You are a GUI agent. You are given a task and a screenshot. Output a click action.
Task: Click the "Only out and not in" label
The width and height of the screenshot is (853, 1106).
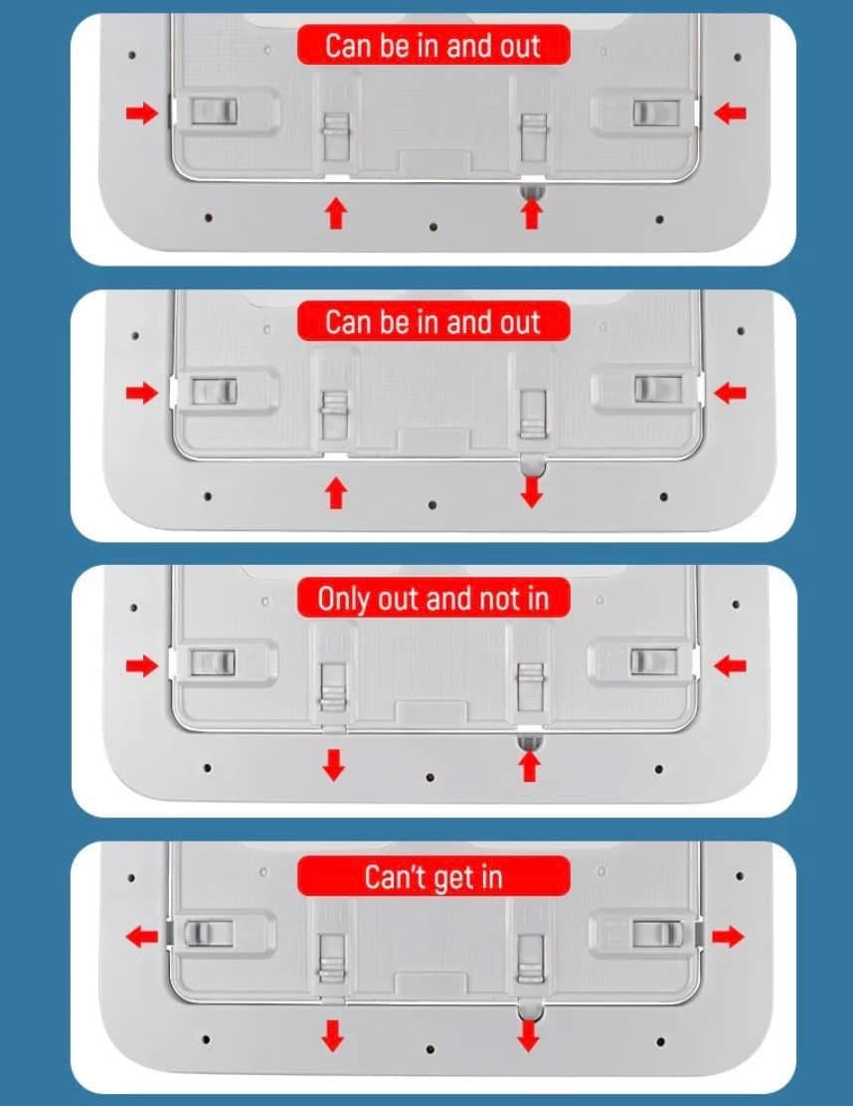(432, 598)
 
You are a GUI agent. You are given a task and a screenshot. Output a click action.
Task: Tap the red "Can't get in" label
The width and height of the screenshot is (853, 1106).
(432, 876)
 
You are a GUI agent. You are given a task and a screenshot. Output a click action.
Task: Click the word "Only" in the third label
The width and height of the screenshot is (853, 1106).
(343, 600)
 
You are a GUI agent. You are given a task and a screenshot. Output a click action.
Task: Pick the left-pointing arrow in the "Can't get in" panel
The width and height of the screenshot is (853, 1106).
(142, 937)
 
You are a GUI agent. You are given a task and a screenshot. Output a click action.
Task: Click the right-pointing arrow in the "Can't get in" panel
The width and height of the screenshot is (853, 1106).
(728, 937)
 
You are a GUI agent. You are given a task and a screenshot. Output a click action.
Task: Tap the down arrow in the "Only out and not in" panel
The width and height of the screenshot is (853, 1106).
(333, 765)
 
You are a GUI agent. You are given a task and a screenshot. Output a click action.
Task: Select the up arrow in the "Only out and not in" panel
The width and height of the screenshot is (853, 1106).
(530, 765)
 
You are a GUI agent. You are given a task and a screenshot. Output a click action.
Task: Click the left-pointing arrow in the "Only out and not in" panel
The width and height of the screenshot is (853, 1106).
(730, 665)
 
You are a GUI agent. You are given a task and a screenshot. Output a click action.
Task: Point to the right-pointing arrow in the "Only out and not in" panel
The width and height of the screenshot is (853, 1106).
(142, 665)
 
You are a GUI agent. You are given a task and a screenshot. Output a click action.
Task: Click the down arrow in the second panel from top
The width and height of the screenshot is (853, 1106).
(532, 491)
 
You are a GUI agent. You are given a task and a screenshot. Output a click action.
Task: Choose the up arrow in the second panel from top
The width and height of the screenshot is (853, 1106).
(336, 492)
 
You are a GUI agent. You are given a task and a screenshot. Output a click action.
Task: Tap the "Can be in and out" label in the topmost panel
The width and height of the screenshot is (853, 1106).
(432, 45)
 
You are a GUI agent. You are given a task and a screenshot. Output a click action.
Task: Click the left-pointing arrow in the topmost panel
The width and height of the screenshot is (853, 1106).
(730, 112)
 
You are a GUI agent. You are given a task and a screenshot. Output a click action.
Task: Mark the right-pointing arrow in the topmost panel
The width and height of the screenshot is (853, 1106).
(142, 112)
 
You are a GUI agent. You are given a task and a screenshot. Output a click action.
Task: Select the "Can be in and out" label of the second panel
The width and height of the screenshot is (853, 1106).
(432, 321)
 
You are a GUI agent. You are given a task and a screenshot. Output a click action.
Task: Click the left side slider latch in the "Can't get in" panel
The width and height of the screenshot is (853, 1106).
(208, 933)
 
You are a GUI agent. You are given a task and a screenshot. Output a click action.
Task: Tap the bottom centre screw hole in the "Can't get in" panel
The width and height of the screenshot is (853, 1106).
(430, 1050)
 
